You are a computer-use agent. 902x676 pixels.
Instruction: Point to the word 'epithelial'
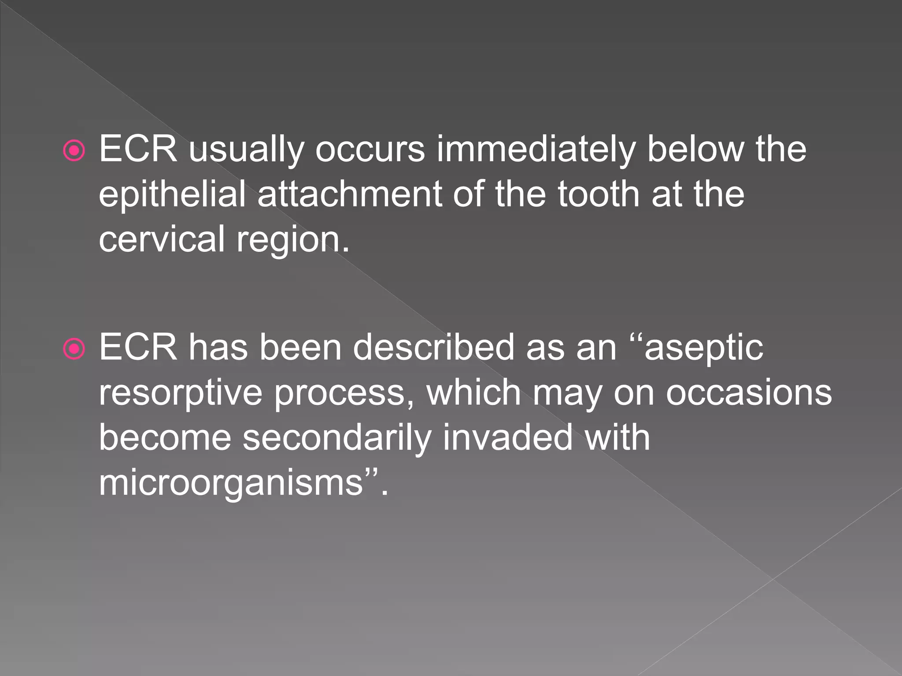coord(172,195)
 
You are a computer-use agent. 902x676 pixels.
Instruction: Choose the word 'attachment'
coord(350,195)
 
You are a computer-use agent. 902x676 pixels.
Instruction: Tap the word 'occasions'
coord(749,393)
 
